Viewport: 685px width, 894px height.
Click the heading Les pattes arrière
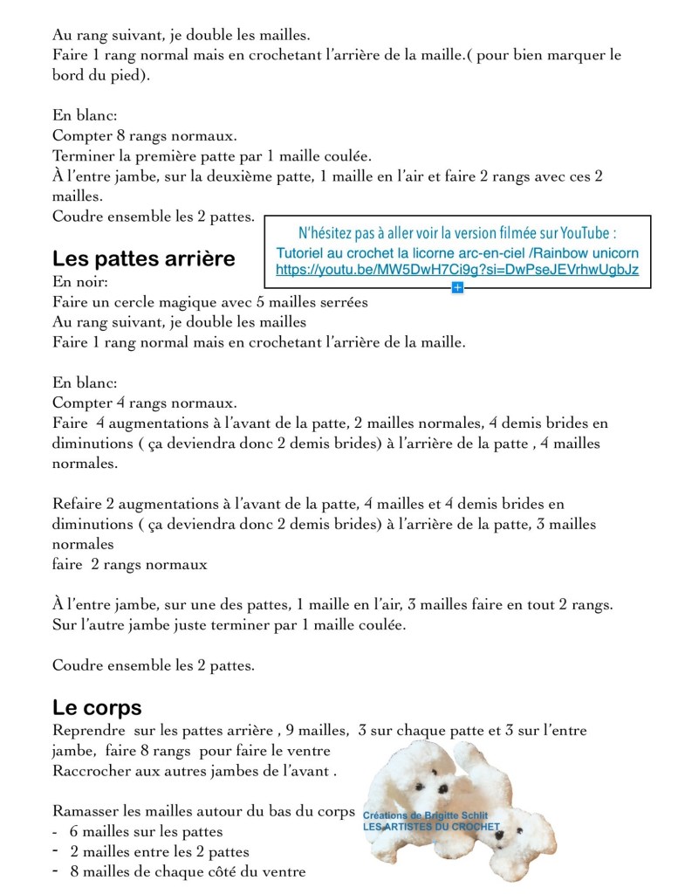click(x=143, y=259)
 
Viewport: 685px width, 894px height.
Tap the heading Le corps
click(x=97, y=707)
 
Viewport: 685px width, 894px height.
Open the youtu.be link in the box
click(x=456, y=270)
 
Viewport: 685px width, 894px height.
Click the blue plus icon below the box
click(x=457, y=287)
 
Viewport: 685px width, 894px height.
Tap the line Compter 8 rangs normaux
click(x=144, y=135)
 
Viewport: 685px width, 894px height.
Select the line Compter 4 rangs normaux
click(x=144, y=402)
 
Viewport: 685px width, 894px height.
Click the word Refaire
click(x=78, y=504)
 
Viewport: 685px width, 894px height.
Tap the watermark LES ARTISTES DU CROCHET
click(x=431, y=826)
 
